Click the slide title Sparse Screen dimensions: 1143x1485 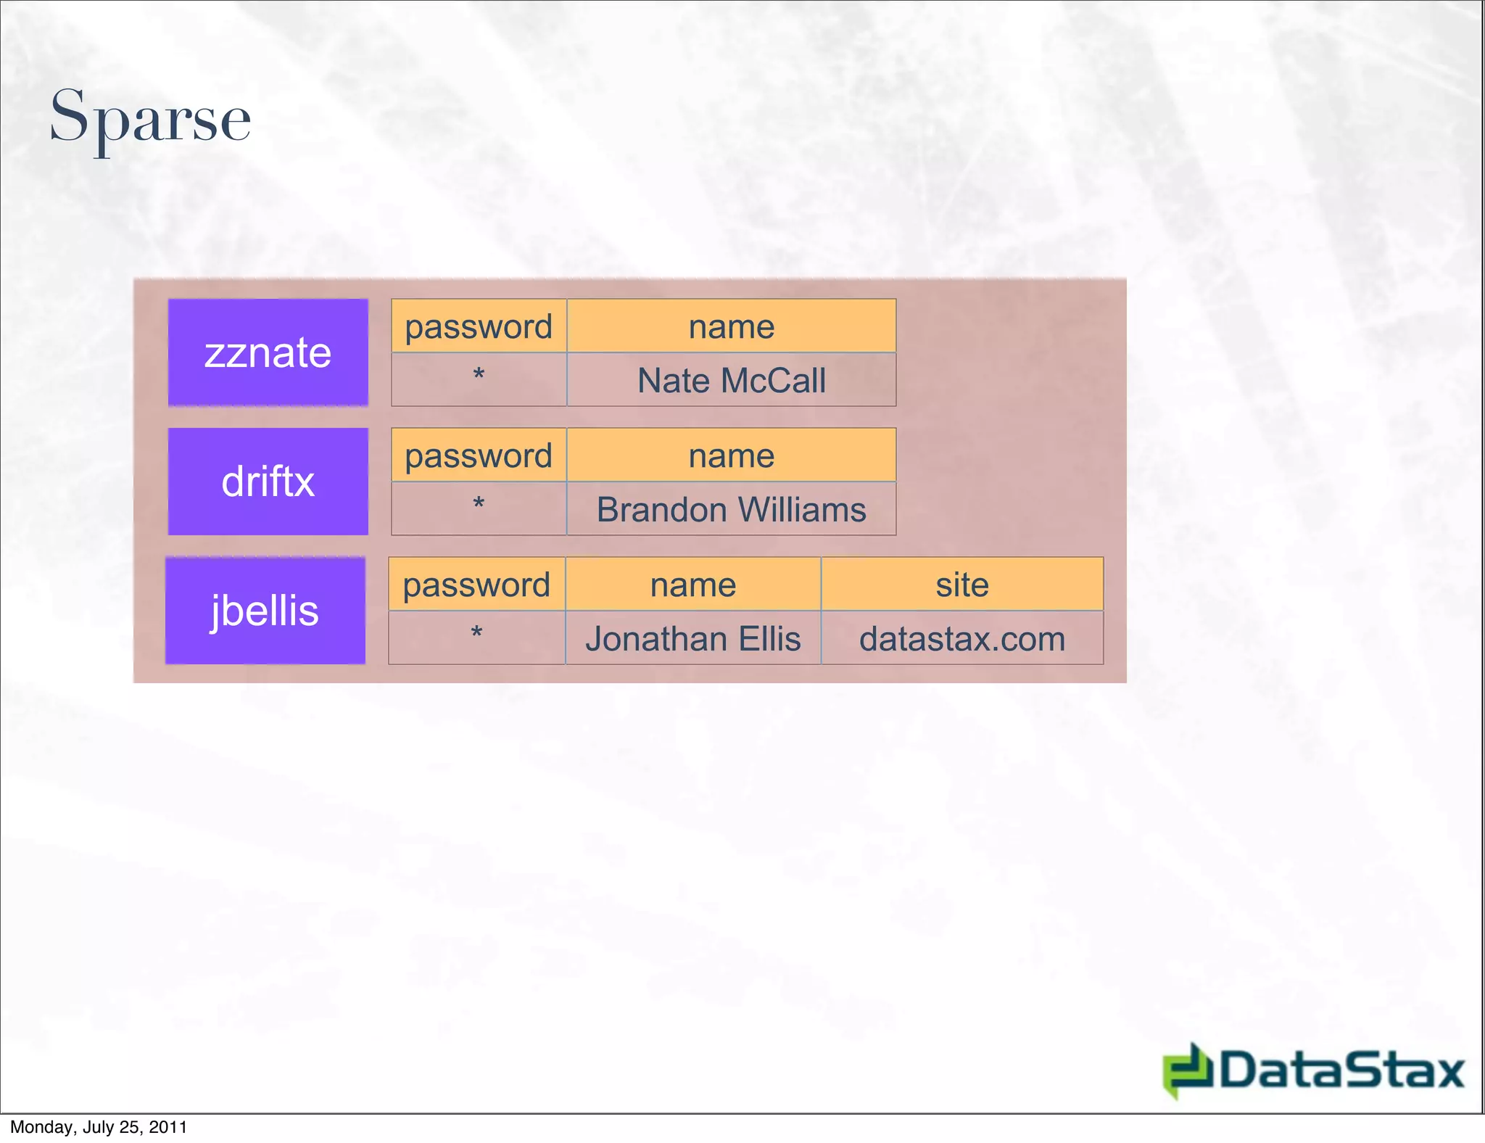(150, 117)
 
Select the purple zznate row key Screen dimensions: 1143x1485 (268, 352)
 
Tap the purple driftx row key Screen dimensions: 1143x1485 (268, 482)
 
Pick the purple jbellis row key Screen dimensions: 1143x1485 (265, 611)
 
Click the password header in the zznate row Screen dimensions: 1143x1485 (479, 326)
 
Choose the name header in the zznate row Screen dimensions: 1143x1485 (731, 326)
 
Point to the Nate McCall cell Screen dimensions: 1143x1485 (731, 380)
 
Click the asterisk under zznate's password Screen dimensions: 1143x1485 (479, 376)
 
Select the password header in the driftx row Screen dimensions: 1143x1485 (479, 455)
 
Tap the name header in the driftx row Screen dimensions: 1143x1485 (731, 455)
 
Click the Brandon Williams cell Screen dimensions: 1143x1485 (731, 509)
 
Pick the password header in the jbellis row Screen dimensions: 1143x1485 (476, 585)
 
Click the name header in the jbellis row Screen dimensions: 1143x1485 (693, 585)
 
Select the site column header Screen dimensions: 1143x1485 (962, 585)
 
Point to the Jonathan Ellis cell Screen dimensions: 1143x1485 (693, 638)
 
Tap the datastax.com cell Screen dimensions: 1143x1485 (962, 638)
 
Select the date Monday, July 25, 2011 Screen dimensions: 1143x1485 (99, 1127)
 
